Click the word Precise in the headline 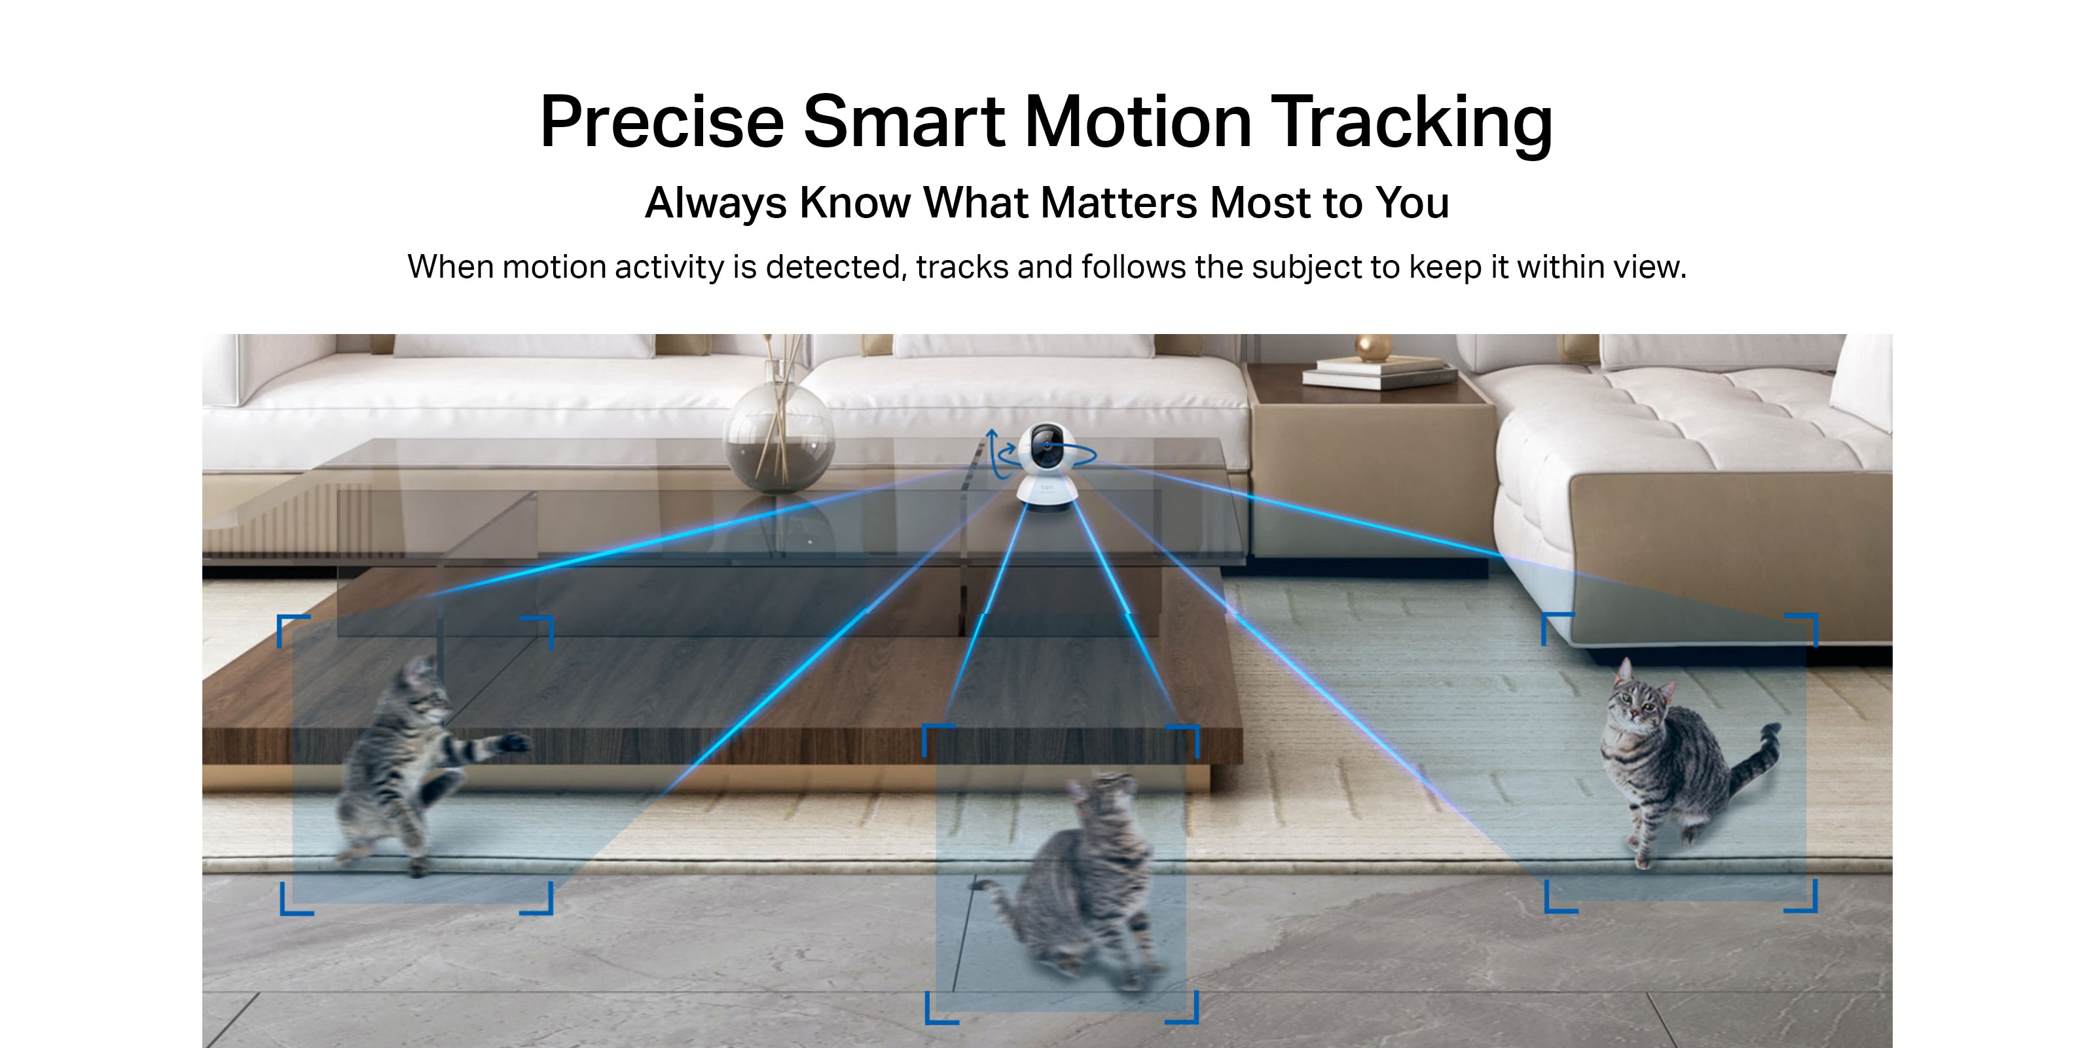pyautogui.click(x=662, y=121)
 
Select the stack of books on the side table pyautogui.click(x=1379, y=373)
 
